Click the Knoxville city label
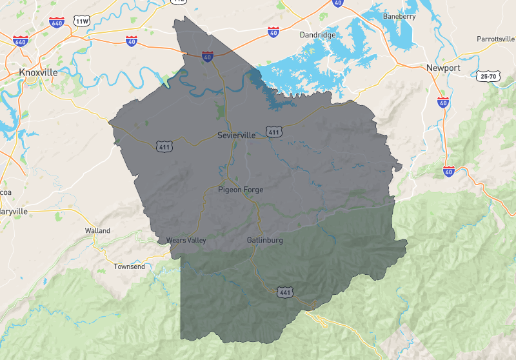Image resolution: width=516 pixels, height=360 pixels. pos(39,72)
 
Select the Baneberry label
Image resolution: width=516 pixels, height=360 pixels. pos(399,16)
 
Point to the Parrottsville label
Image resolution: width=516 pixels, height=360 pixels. pos(495,39)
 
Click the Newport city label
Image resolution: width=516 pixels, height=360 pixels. pos(443,68)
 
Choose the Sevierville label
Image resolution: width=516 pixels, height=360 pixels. pos(237,135)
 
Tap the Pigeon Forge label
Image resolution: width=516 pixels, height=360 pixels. pos(241,190)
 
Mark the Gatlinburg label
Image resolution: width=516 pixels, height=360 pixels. pos(264,241)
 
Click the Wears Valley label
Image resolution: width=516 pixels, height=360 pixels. pos(186,241)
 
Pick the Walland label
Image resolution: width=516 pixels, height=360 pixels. pos(97,230)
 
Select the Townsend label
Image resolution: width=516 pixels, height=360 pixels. pos(130,266)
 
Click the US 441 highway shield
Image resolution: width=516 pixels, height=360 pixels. pos(285,293)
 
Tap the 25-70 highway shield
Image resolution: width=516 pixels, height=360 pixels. pos(488,76)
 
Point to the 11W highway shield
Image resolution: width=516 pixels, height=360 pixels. pos(82,21)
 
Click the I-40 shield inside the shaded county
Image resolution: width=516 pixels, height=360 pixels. pos(208,56)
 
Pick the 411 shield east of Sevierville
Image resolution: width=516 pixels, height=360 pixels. pos(274,132)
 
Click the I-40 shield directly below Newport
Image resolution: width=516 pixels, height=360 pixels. pos(442,102)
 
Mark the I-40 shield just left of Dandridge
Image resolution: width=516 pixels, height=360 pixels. pos(274,31)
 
